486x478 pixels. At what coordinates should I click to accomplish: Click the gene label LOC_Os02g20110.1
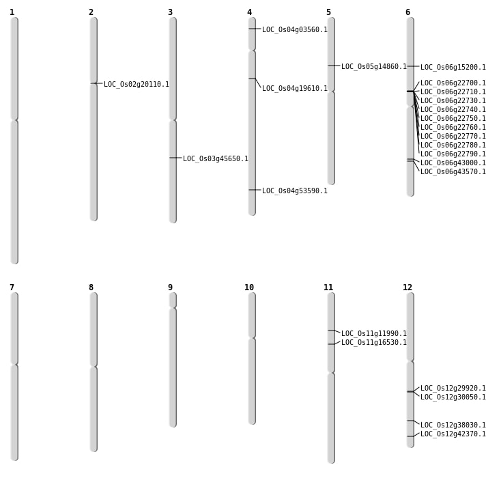(137, 85)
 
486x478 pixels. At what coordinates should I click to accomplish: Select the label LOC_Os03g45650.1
(216, 159)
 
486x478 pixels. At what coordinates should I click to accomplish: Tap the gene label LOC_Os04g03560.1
(295, 30)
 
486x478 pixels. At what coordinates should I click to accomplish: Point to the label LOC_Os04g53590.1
(295, 191)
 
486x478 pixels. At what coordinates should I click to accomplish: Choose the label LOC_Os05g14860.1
(374, 67)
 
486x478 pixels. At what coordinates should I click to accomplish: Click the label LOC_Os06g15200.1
(453, 68)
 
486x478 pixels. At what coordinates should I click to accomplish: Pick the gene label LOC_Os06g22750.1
(453, 119)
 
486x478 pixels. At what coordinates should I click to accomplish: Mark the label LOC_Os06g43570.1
(453, 172)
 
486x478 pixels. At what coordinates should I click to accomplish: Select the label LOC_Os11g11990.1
(374, 334)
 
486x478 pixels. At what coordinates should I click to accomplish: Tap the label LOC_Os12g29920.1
(453, 389)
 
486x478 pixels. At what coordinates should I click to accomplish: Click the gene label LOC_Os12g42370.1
(453, 434)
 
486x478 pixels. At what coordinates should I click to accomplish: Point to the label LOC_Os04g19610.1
(295, 89)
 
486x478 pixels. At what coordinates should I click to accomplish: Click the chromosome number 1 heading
(12, 12)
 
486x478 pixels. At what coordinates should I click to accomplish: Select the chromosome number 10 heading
(249, 287)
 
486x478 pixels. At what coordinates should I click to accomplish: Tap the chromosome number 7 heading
(12, 287)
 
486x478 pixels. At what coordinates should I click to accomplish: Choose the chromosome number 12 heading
(408, 287)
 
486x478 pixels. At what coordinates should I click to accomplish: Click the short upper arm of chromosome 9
(173, 300)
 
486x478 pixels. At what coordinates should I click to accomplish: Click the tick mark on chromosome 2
(94, 83)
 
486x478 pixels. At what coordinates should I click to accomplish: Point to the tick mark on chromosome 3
(173, 158)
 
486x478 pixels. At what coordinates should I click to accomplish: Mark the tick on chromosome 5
(331, 66)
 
